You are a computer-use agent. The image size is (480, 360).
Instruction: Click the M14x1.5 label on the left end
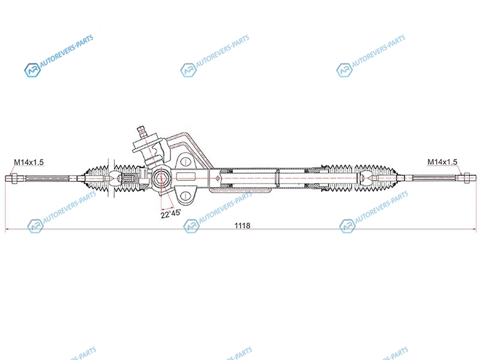click(29, 162)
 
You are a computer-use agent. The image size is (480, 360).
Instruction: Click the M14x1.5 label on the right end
click(442, 161)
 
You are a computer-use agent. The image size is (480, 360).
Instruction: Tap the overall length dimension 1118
click(242, 226)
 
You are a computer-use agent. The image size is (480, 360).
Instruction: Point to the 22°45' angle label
click(170, 214)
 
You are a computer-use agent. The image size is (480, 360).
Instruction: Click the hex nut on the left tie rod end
click(13, 178)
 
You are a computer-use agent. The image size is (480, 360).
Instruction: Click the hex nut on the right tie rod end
click(467, 178)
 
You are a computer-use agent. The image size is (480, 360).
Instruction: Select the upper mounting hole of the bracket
click(185, 161)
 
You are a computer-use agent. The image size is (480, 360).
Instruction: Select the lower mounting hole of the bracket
click(185, 196)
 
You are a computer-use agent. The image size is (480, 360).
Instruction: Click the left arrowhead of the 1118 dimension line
click(7, 229)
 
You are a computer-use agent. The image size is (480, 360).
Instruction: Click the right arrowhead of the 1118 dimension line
click(475, 229)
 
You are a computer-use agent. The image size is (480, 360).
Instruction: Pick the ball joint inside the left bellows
click(113, 178)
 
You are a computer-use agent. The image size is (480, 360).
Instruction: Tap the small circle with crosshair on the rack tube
click(217, 178)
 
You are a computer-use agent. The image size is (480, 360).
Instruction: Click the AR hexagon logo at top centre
click(188, 70)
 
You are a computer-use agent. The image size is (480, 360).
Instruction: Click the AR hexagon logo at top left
click(32, 70)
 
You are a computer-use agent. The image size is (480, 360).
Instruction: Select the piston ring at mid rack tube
click(277, 178)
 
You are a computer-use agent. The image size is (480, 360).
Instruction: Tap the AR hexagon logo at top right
click(344, 70)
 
